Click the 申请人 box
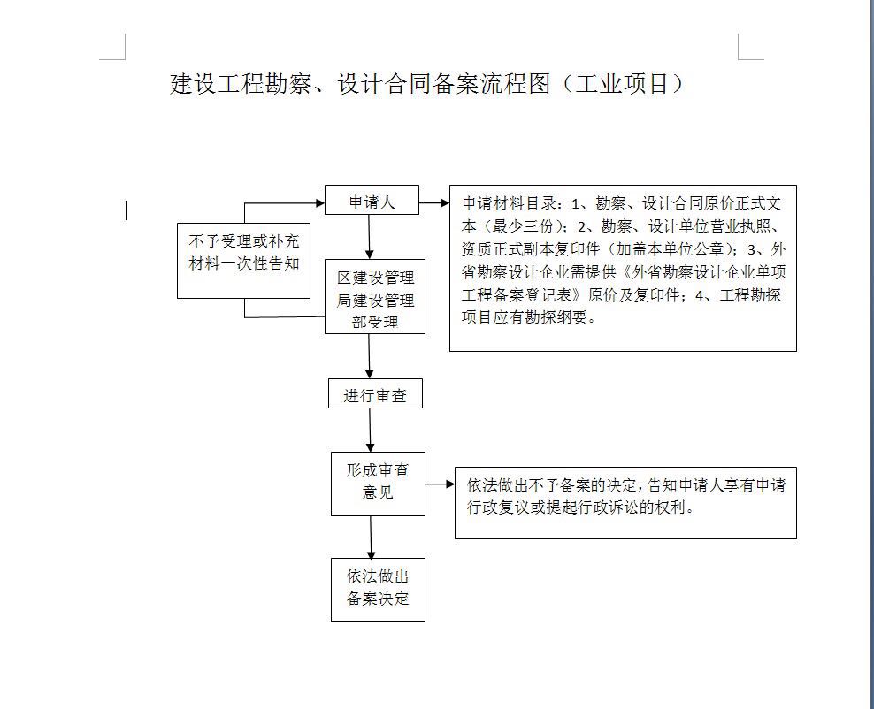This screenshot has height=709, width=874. pyautogui.click(x=372, y=200)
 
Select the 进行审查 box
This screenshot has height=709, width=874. pyautogui.click(x=375, y=393)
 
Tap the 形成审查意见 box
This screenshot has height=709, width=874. pyautogui.click(x=378, y=484)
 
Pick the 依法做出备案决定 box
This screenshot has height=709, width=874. pyautogui.click(x=378, y=590)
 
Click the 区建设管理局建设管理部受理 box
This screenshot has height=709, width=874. pyautogui.click(x=375, y=296)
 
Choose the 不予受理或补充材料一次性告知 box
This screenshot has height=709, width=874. pyautogui.click(x=243, y=261)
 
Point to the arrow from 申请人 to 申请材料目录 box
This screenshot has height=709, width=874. pyautogui.click(x=434, y=203)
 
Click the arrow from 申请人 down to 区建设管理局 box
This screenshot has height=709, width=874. pyautogui.click(x=368, y=237)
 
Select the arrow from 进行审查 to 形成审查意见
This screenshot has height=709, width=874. pyautogui.click(x=370, y=430)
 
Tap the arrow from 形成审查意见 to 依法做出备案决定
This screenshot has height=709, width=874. pyautogui.click(x=371, y=537)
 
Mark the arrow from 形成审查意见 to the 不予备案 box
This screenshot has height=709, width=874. pyautogui.click(x=441, y=484)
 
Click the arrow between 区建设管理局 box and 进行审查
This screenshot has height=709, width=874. pyautogui.click(x=369, y=356)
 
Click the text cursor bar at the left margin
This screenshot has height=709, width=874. pyautogui.click(x=127, y=210)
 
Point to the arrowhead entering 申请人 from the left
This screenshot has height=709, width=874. pyautogui.click(x=320, y=203)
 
